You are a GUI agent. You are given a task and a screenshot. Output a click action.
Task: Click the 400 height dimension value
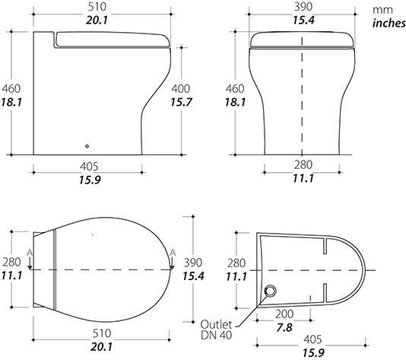(x=181, y=89)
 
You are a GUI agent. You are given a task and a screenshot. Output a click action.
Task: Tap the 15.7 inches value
(x=181, y=103)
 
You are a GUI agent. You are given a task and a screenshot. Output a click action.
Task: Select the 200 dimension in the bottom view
(x=284, y=314)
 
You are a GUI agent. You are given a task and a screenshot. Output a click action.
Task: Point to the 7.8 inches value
(x=284, y=328)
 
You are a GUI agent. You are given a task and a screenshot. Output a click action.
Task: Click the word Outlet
(x=216, y=324)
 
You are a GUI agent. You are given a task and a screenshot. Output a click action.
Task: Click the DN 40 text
(x=216, y=336)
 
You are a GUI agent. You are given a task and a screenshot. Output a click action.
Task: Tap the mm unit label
(x=382, y=10)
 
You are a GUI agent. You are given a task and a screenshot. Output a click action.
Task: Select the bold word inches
(x=389, y=23)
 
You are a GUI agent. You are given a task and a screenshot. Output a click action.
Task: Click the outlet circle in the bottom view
(x=271, y=290)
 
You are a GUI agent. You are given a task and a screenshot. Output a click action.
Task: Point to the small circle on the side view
(x=87, y=146)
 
